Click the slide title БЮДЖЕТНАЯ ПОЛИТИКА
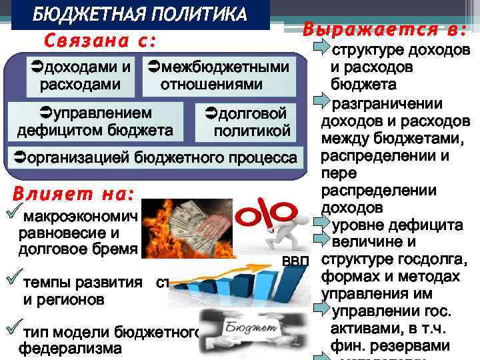(139, 15)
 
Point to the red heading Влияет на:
(73, 195)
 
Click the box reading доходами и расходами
(80, 75)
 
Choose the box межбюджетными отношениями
(219, 75)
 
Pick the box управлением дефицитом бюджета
(95, 121)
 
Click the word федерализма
(70, 348)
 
